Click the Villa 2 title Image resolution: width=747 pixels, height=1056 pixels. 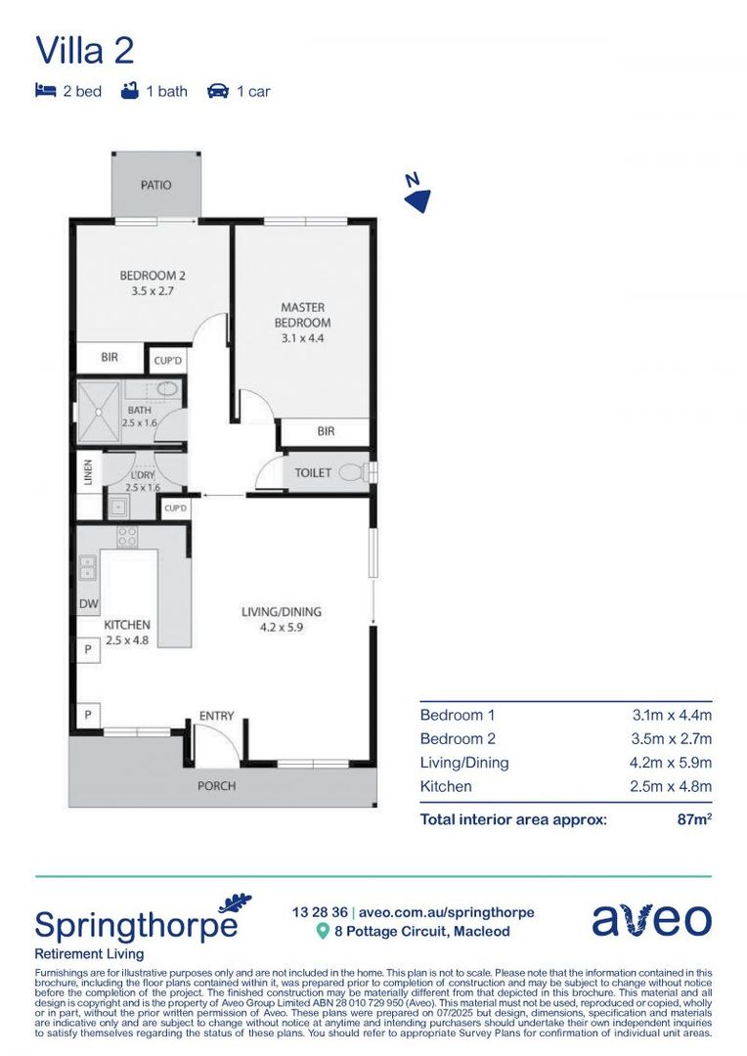point(84,51)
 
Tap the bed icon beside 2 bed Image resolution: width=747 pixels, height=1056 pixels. point(45,91)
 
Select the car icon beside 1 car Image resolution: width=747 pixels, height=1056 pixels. point(217,91)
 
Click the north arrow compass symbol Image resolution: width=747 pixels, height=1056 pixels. point(417,195)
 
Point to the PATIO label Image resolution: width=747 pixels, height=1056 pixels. point(155,185)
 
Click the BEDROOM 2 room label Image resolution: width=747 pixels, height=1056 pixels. point(153,283)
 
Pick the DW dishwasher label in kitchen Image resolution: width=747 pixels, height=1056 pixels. point(88,604)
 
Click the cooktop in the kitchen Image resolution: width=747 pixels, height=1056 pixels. point(127,536)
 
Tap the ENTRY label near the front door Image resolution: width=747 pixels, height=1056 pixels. point(216,716)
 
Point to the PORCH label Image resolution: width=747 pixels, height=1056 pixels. point(216,785)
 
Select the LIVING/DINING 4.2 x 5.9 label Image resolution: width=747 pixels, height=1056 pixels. point(282,620)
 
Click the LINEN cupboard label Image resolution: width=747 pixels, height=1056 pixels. point(88,472)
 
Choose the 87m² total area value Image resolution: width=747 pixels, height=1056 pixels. point(693,819)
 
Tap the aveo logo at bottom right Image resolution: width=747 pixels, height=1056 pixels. point(651,919)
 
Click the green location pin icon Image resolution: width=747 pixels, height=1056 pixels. point(322,932)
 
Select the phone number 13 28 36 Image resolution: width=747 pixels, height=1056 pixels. point(319,911)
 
